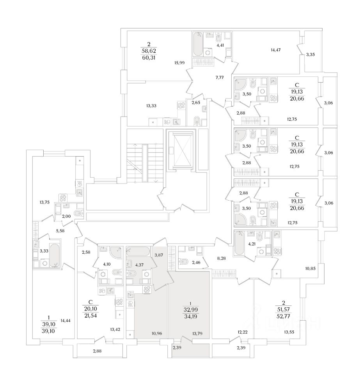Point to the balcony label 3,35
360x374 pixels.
[x=310, y=55]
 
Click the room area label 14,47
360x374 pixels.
[x=276, y=50]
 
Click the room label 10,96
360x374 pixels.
[x=157, y=333]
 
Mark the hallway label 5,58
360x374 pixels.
[x=61, y=231]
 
